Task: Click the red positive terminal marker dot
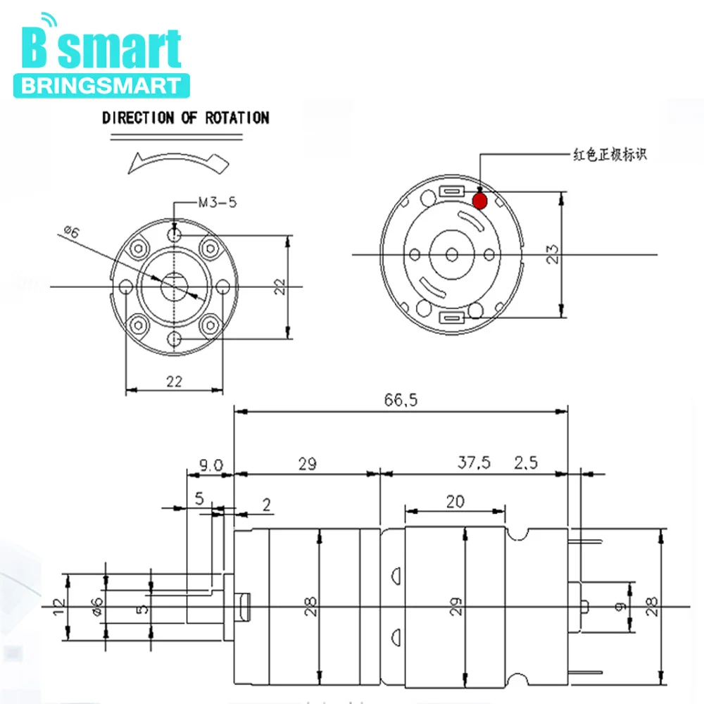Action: coord(479,200)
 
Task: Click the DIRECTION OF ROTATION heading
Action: coord(185,118)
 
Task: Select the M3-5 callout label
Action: coord(218,203)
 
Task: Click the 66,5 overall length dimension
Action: coord(401,400)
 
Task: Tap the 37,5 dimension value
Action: coord(474,463)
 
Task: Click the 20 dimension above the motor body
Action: coord(455,501)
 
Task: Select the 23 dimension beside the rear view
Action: coord(553,254)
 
